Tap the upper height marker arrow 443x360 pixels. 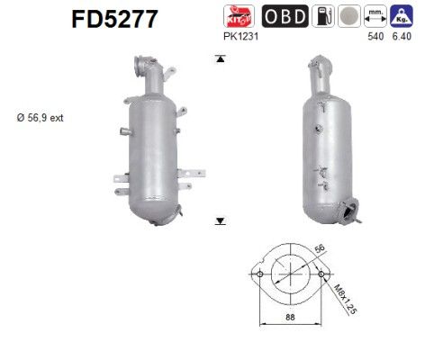coord(219,59)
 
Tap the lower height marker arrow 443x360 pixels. coord(219,220)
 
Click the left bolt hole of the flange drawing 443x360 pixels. coord(259,274)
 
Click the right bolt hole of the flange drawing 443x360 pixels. coord(321,274)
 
